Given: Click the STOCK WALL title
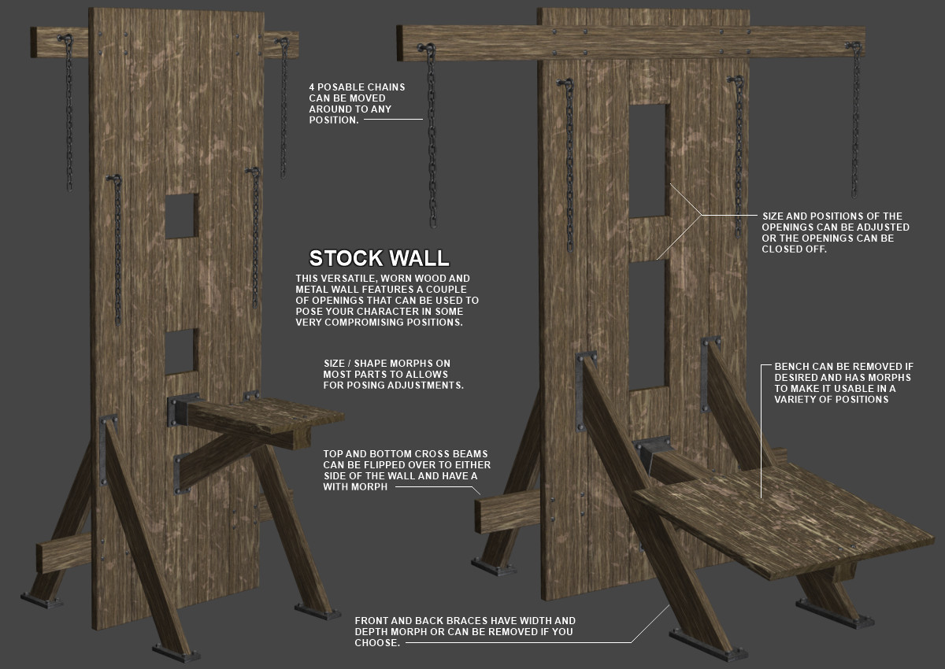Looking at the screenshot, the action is tap(379, 258).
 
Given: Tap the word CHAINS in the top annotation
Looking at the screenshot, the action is tap(386, 87).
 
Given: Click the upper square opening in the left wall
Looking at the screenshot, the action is tap(182, 216).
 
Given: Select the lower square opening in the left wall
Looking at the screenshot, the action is tap(182, 352).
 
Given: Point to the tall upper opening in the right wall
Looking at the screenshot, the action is tap(647, 161).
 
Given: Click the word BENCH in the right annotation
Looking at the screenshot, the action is tap(791, 367).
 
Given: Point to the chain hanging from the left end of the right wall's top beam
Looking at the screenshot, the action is tap(432, 135).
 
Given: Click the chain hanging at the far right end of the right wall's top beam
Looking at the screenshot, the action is tap(854, 120).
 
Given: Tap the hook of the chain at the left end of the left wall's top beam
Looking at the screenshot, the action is tap(65, 39).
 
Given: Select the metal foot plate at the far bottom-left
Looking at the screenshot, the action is tap(42, 601).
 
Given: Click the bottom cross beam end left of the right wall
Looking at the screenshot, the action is tap(507, 512).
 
